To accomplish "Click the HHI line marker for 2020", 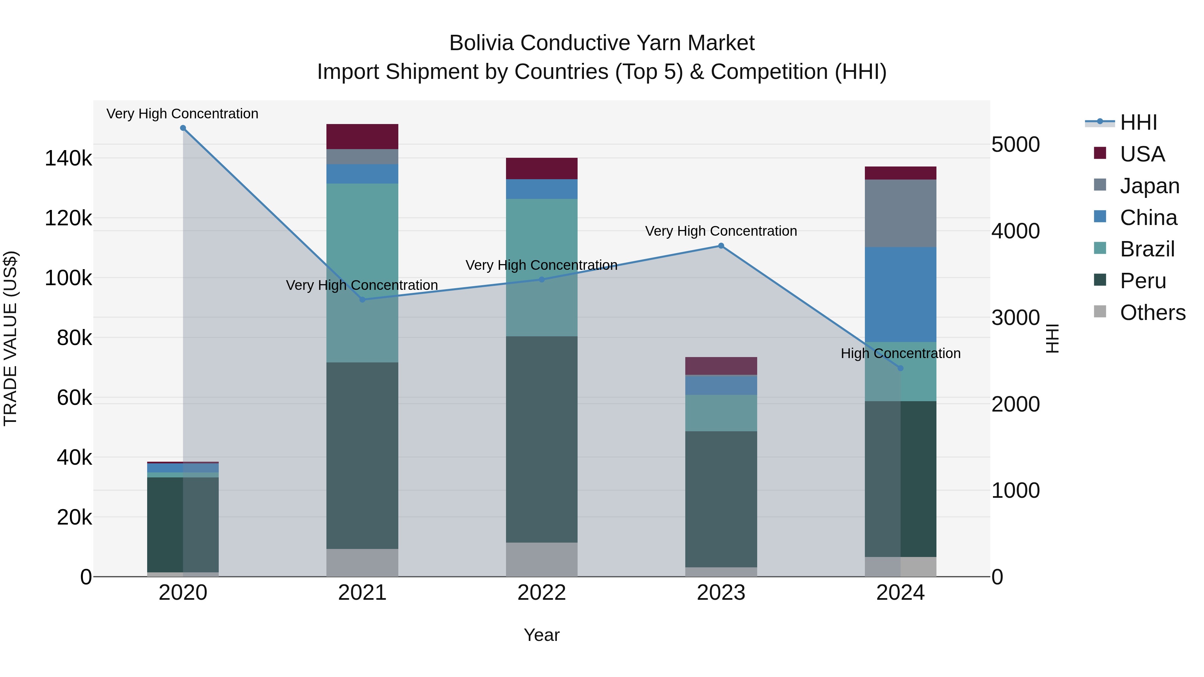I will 183,128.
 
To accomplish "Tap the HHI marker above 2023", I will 721,246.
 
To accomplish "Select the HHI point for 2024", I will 900,368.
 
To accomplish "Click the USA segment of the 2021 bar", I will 362,136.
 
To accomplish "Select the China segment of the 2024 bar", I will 900,294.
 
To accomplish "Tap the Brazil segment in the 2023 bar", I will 721,413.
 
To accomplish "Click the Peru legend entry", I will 1143,281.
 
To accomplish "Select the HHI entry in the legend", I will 1138,122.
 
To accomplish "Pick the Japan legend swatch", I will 1100,185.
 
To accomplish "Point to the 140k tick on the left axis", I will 68,158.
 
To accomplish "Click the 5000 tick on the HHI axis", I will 1015,144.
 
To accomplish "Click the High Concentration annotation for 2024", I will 900,353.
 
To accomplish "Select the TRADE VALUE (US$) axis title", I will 10,338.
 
